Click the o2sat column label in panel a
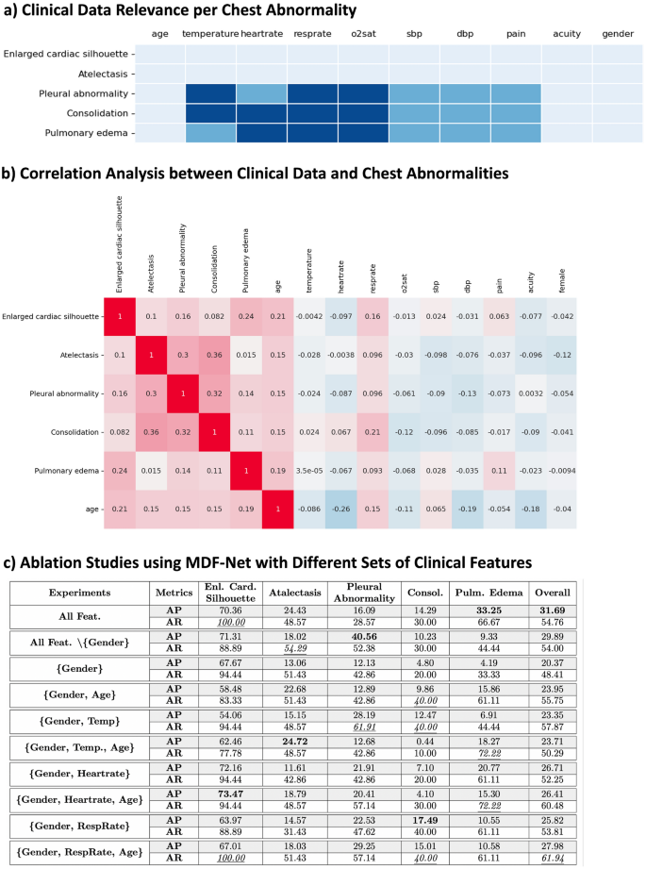[x=362, y=34]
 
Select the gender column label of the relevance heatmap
[x=618, y=34]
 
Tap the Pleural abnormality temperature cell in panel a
[x=210, y=93]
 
